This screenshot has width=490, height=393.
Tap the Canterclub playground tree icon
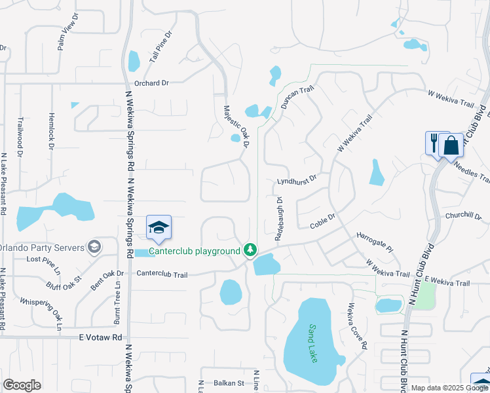point(250,250)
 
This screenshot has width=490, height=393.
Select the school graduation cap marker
point(159,228)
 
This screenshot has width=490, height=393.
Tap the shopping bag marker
point(452,144)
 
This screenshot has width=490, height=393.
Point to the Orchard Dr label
point(151,83)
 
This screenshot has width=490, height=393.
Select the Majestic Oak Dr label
point(236,126)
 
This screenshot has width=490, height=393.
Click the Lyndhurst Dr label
point(297,178)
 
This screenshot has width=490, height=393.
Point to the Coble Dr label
point(322,221)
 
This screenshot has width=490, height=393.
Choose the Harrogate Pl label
point(374,243)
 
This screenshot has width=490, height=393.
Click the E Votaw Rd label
point(100,338)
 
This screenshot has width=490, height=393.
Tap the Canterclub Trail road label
point(162,274)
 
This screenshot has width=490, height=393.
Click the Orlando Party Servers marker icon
point(94,247)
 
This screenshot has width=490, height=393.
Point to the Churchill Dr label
point(463,216)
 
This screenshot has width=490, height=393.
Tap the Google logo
point(22,385)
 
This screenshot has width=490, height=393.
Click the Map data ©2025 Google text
point(449,388)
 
